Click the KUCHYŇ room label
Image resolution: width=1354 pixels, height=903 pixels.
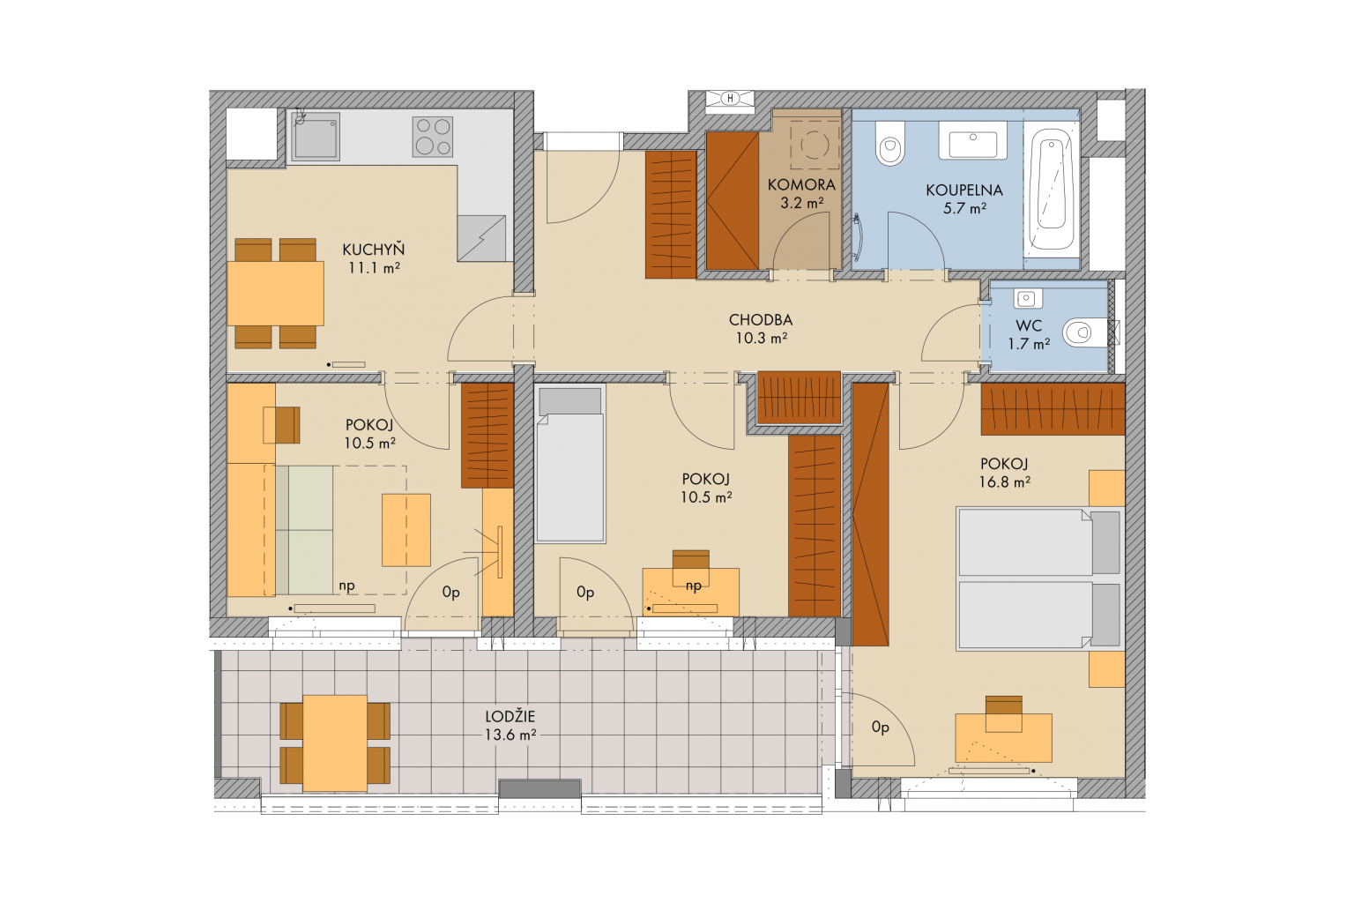pyautogui.click(x=373, y=250)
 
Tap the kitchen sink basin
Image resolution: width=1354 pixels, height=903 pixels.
pyautogui.click(x=315, y=136)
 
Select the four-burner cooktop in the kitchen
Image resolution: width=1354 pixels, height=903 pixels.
pyautogui.click(x=433, y=137)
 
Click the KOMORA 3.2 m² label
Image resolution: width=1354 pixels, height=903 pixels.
pyautogui.click(x=801, y=193)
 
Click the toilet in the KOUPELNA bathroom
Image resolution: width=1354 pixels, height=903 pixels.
pyautogui.click(x=889, y=143)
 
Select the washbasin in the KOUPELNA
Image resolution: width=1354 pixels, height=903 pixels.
pyautogui.click(x=972, y=140)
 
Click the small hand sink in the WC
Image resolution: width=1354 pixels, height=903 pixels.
pyautogui.click(x=1026, y=298)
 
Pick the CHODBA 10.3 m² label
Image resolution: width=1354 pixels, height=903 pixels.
pyautogui.click(x=761, y=329)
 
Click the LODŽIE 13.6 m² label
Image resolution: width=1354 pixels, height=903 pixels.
pyautogui.click(x=510, y=726)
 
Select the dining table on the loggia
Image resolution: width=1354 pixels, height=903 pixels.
pyautogui.click(x=335, y=743)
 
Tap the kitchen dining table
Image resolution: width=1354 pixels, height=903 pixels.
pyautogui.click(x=276, y=294)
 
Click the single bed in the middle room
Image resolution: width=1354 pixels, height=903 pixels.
pyautogui.click(x=570, y=464)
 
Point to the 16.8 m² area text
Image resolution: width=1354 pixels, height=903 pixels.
pyautogui.click(x=1005, y=482)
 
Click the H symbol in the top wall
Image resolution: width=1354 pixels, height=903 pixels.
pyautogui.click(x=730, y=99)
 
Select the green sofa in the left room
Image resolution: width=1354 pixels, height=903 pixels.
pyautogui.click(x=305, y=530)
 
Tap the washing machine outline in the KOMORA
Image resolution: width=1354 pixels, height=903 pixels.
pyautogui.click(x=815, y=146)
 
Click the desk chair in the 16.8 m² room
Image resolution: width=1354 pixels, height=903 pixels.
pyautogui.click(x=1003, y=713)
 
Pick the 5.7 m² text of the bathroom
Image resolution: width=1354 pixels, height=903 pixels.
pyautogui.click(x=964, y=209)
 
